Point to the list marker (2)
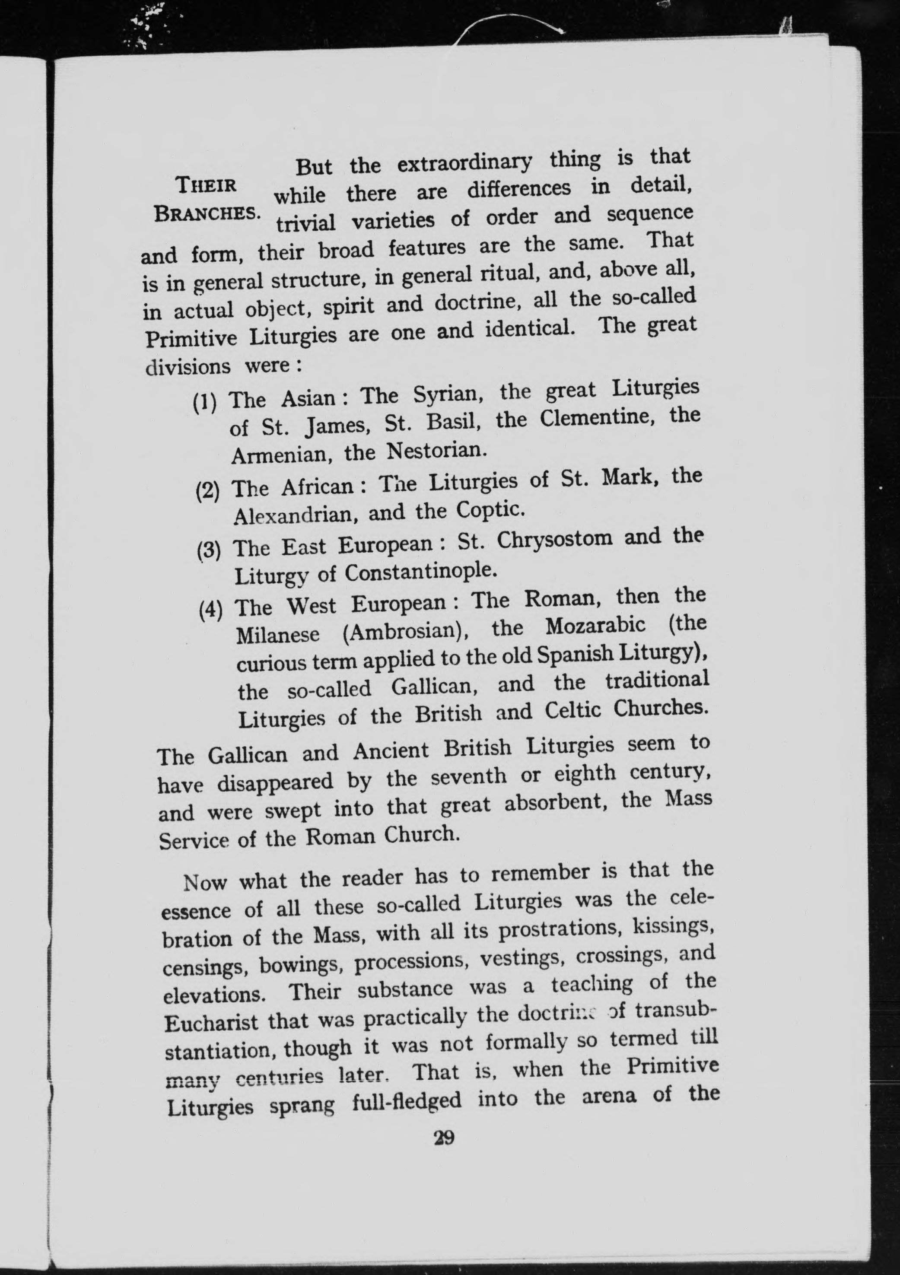pos(208,490)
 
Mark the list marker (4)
pos(211,609)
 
